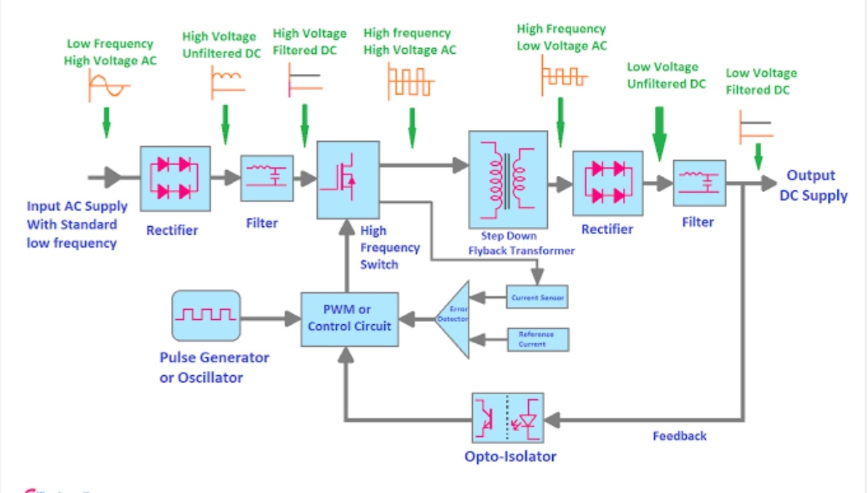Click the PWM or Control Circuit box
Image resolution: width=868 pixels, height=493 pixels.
click(349, 318)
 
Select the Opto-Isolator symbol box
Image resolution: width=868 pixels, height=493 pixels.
click(507, 418)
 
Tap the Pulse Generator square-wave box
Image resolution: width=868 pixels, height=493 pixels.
click(206, 316)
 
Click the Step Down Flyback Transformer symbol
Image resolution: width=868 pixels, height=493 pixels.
click(508, 179)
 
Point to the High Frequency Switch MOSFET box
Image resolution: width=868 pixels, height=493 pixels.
click(348, 179)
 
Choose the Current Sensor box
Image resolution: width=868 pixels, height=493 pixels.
click(537, 297)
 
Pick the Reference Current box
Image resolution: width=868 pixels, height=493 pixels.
click(537, 340)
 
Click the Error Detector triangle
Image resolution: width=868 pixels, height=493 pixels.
click(454, 318)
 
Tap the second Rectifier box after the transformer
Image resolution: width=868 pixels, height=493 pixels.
click(608, 183)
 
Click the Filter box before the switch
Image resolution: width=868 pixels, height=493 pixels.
click(266, 178)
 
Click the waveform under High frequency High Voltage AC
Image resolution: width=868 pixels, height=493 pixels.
click(410, 80)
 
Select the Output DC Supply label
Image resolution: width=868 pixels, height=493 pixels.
click(813, 185)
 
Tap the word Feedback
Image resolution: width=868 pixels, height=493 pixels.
click(680, 436)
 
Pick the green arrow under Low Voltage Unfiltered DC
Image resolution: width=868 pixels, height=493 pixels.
click(659, 134)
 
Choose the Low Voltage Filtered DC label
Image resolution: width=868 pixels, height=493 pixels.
click(761, 81)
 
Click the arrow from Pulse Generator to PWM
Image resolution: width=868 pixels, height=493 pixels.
click(270, 318)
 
